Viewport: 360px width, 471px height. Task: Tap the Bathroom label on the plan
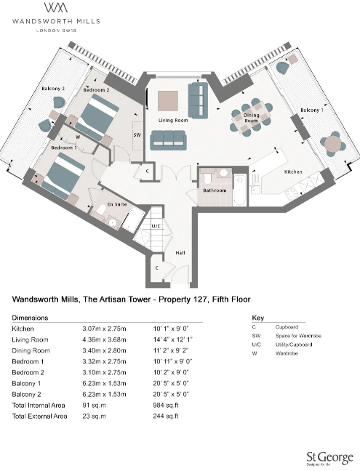click(x=215, y=190)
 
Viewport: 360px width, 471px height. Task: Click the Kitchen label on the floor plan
click(x=293, y=172)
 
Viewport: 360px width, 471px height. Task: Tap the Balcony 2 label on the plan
click(x=54, y=89)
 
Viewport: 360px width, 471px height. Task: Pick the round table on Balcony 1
click(x=332, y=144)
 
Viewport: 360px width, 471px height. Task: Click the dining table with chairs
click(x=247, y=117)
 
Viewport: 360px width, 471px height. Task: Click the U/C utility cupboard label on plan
click(x=156, y=226)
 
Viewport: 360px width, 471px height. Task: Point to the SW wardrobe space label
click(x=136, y=134)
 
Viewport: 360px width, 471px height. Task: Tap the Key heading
click(x=257, y=318)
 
